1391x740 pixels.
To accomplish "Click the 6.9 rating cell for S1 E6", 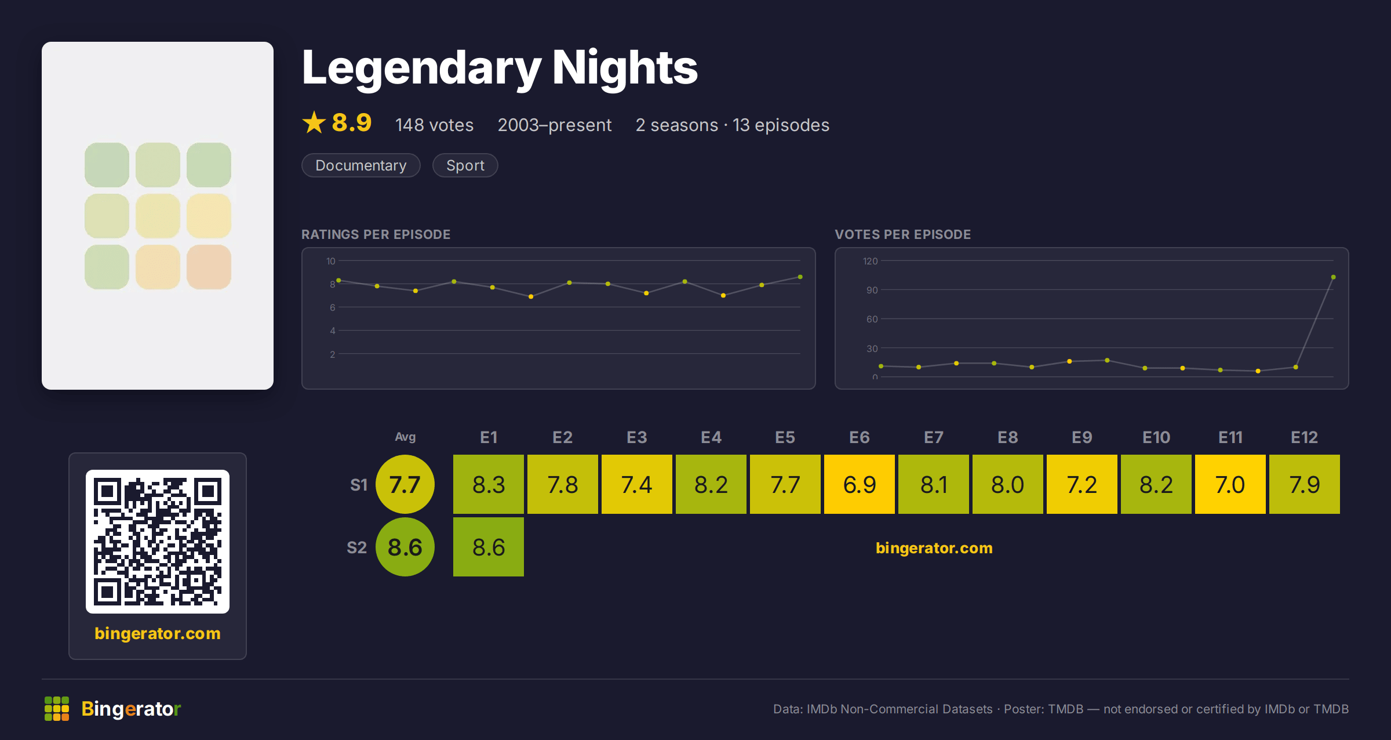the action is click(859, 484).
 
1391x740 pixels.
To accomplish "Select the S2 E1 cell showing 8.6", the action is click(488, 547).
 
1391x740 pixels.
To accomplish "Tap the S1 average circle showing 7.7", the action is click(405, 484).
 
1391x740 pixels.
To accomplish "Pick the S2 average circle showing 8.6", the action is click(405, 547).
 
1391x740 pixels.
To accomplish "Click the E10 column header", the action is click(1156, 437).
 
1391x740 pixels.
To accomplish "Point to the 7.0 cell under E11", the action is click(1230, 484).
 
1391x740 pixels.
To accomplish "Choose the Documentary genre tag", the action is click(361, 165).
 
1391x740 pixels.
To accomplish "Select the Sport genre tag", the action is click(465, 165).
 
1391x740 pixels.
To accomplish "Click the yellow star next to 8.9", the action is click(314, 122).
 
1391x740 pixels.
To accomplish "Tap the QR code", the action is click(158, 542).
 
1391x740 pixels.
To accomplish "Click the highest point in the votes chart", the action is click(1333, 277).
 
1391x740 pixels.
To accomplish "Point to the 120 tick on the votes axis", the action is click(870, 261).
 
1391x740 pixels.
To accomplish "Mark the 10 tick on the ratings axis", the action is click(330, 261).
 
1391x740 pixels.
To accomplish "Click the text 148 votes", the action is click(434, 125).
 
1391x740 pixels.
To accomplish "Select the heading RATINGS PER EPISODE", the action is click(376, 234).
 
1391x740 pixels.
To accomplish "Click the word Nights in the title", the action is click(625, 67).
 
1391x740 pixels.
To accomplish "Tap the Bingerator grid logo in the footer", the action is click(57, 709).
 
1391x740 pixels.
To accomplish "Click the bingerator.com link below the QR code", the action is click(158, 633).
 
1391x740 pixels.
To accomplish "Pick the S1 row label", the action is click(359, 485).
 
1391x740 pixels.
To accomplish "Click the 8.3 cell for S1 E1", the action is click(488, 484).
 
